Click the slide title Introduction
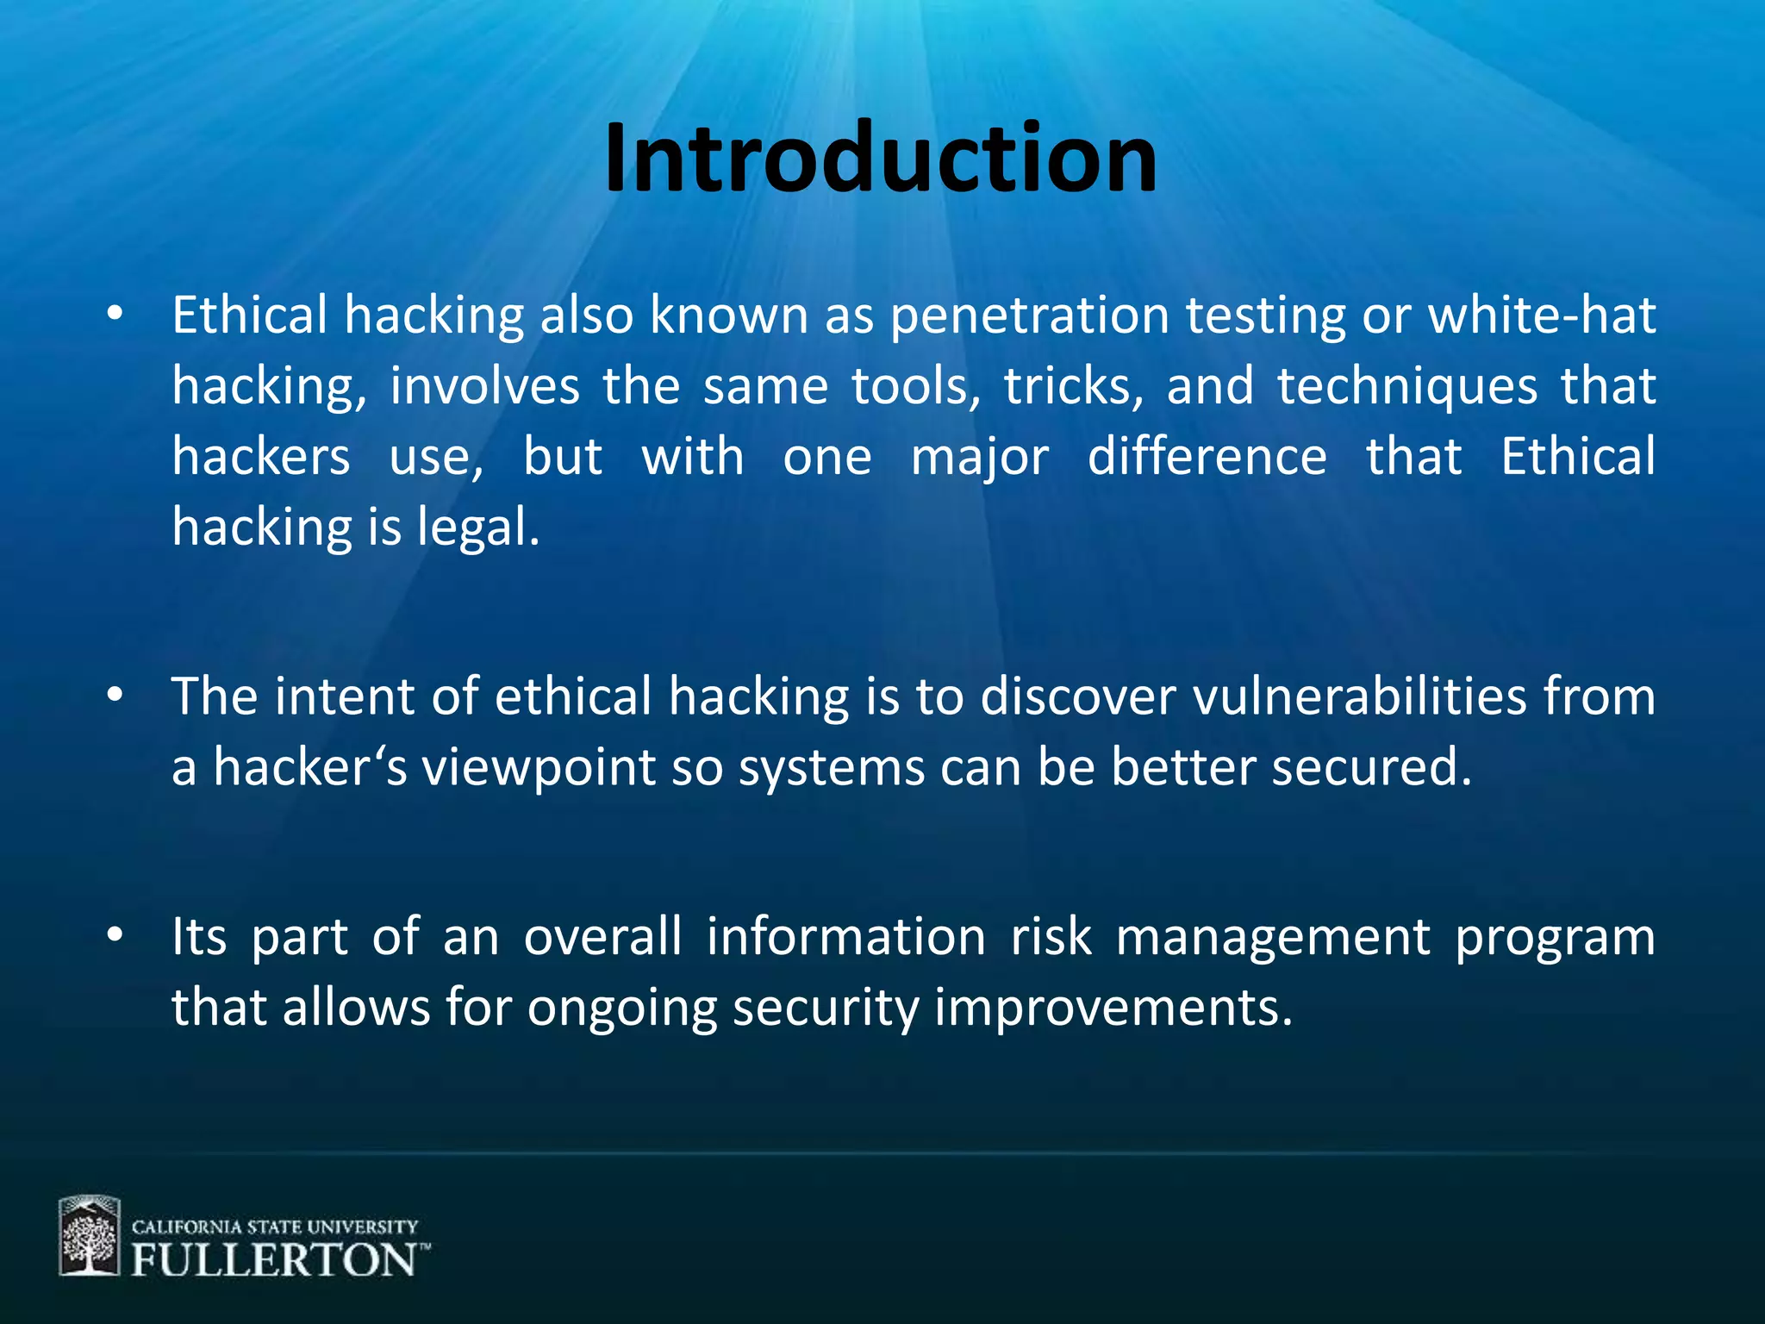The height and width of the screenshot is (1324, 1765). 881,159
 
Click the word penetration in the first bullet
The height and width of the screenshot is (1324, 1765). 1030,315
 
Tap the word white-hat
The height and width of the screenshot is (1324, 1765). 1542,315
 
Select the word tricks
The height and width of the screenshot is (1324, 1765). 1073,386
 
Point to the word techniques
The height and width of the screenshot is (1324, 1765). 1406,386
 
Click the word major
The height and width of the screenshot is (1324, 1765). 980,457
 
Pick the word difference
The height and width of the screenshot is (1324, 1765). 1207,457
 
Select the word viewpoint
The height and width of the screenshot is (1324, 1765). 538,767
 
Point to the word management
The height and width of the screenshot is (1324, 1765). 1273,937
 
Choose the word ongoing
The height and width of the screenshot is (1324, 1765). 622,1008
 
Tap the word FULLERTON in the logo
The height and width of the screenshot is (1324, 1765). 274,1260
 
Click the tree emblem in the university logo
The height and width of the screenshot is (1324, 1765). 89,1236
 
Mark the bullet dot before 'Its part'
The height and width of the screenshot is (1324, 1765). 115,935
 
